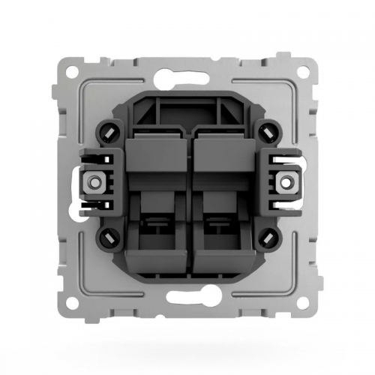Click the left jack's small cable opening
pos(158,223)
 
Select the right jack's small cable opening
pos(217,223)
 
